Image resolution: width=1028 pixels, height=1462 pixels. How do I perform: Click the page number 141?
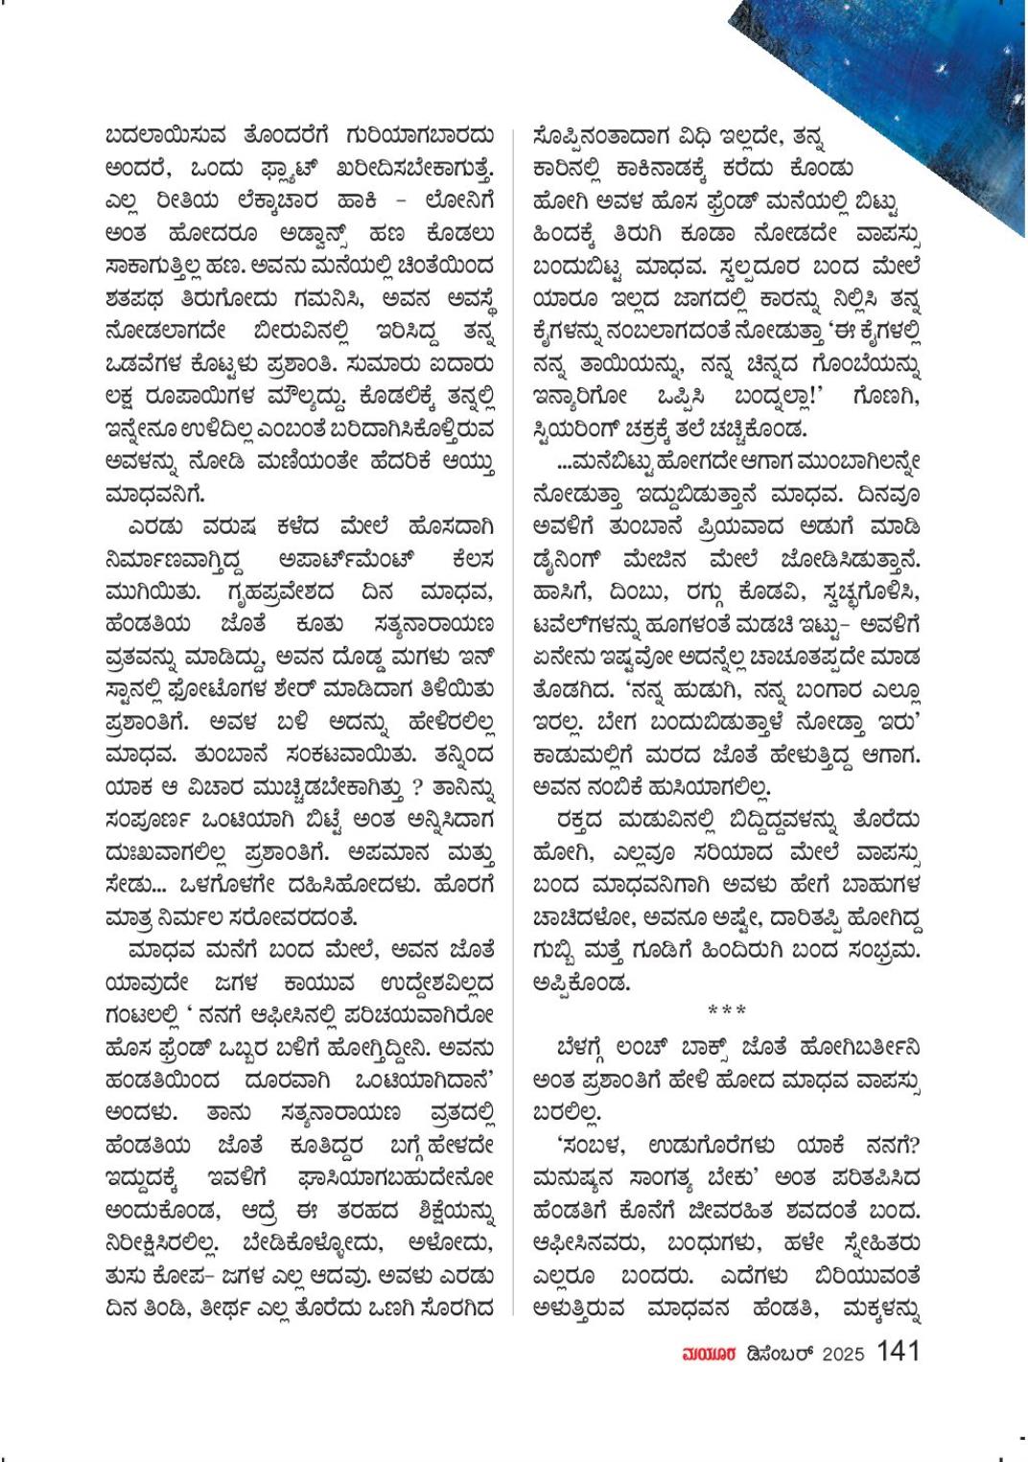click(x=898, y=1351)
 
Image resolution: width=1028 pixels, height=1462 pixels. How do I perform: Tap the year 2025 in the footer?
click(x=844, y=1354)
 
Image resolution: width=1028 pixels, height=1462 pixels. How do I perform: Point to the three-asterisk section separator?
click(x=727, y=1010)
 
